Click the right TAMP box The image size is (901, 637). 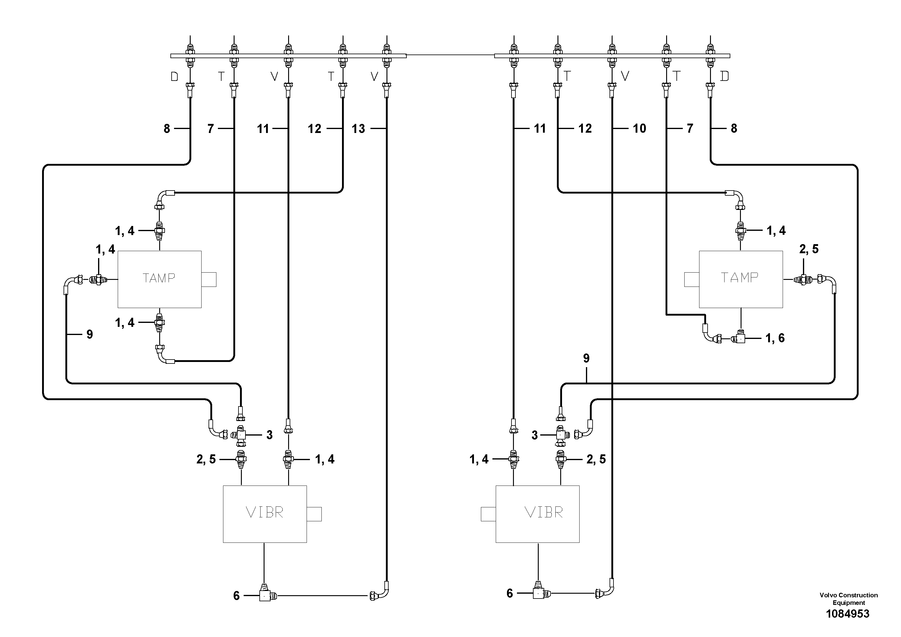point(741,279)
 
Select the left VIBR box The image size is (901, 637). point(265,514)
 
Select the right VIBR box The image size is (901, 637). point(537,514)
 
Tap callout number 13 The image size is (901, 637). point(358,129)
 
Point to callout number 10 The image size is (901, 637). point(639,128)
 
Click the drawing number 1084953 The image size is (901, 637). point(848,613)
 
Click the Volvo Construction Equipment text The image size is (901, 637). point(848,599)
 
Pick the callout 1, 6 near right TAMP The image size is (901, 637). point(775,338)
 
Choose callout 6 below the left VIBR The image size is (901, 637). point(236,596)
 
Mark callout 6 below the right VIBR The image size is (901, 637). point(510,593)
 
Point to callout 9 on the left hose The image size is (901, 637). point(90,334)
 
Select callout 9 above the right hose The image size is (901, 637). point(586,358)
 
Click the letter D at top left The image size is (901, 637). point(175,77)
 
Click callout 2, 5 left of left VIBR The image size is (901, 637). point(206,460)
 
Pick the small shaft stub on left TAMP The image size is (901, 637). point(209,279)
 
